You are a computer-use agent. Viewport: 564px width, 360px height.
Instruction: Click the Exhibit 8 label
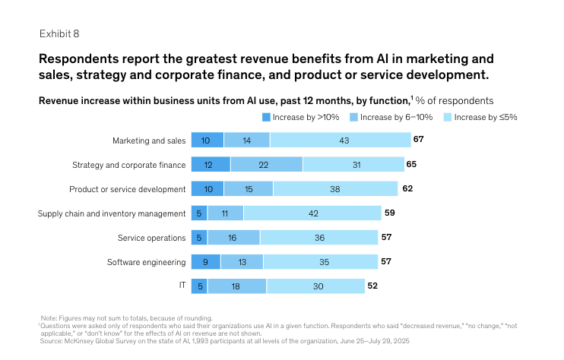coord(59,33)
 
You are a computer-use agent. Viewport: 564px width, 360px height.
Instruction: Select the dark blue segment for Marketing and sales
coord(207,140)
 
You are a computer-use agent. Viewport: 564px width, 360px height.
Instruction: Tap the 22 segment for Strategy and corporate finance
coord(266,164)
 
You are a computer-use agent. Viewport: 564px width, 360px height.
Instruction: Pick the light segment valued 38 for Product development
coord(335,188)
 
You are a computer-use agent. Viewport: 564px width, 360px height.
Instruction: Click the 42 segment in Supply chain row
coord(313,213)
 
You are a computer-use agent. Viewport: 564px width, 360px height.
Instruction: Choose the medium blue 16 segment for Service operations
coord(233,238)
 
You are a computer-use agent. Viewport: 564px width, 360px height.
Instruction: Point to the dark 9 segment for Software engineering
coord(205,262)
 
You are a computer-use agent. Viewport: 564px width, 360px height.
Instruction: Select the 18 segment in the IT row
coord(236,286)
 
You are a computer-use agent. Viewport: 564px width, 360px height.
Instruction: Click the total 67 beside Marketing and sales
coord(418,140)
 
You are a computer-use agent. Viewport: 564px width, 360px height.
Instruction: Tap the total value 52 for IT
coord(372,286)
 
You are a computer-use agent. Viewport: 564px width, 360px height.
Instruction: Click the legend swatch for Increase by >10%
coord(267,117)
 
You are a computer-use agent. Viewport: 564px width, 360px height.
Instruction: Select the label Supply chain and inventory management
coord(112,213)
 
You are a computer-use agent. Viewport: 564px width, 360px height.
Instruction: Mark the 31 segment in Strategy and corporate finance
coord(353,164)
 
